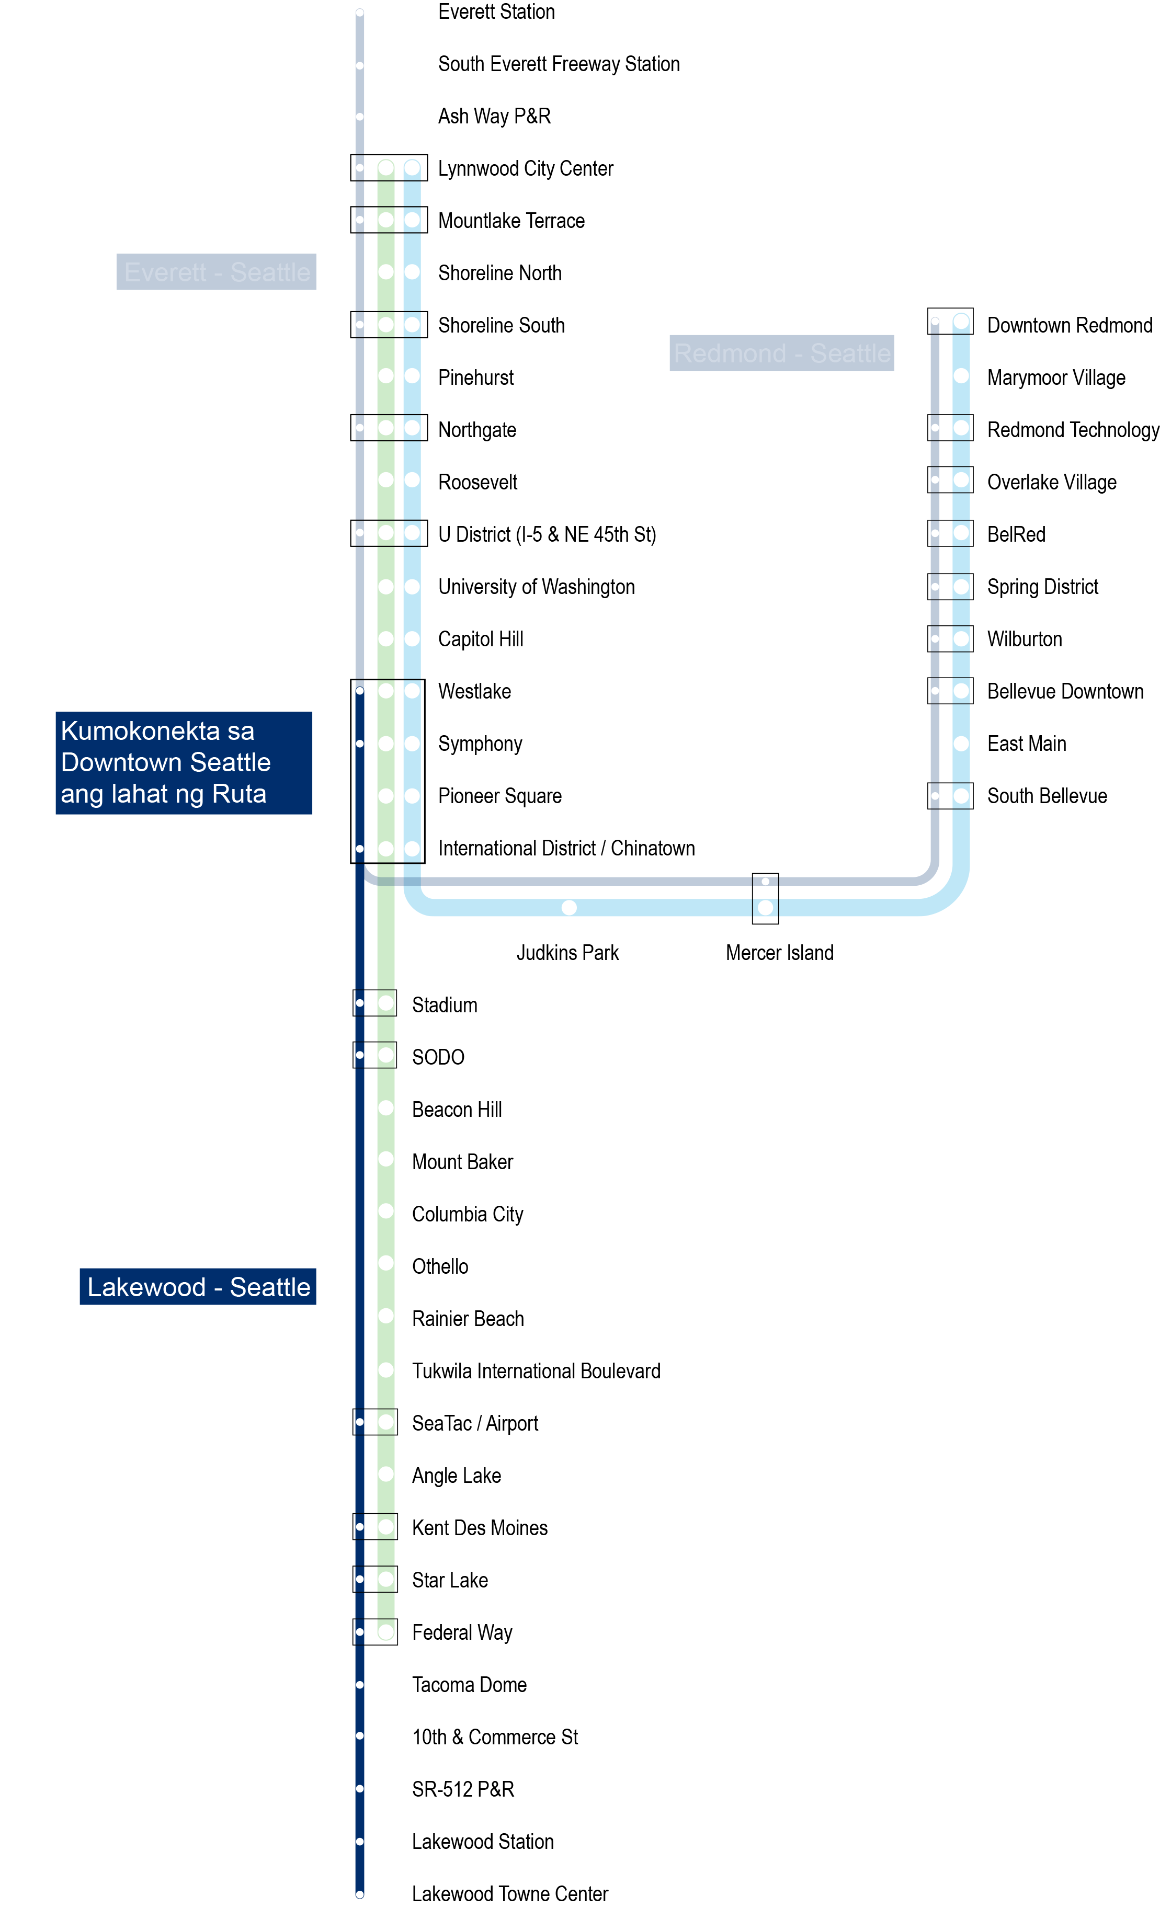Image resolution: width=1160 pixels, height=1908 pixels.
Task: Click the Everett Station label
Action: (x=496, y=13)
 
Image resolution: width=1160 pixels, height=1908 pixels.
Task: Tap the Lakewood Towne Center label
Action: (x=509, y=1893)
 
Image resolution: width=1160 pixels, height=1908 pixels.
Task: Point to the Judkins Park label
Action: (x=567, y=953)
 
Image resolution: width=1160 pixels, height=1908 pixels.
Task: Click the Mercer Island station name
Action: (x=779, y=953)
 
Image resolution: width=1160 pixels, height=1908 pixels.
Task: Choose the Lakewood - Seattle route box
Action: (x=198, y=1286)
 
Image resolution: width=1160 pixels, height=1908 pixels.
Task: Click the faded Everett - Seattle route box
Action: (x=216, y=272)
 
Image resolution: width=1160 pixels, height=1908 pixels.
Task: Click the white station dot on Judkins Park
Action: (x=568, y=907)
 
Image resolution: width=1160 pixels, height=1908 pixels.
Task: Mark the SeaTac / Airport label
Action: (x=475, y=1423)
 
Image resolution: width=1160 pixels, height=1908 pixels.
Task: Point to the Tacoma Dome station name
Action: (x=469, y=1684)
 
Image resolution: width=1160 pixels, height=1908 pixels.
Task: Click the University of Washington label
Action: (x=536, y=587)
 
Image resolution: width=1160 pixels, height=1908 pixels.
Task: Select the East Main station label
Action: (x=1026, y=744)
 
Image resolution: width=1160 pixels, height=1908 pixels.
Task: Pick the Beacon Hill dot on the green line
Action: (x=385, y=1107)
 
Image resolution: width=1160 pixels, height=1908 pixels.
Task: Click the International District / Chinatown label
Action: (x=566, y=848)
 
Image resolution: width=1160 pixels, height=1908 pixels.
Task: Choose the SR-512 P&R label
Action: (x=462, y=1789)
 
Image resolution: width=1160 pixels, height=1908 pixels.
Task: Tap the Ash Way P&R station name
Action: (x=494, y=116)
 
